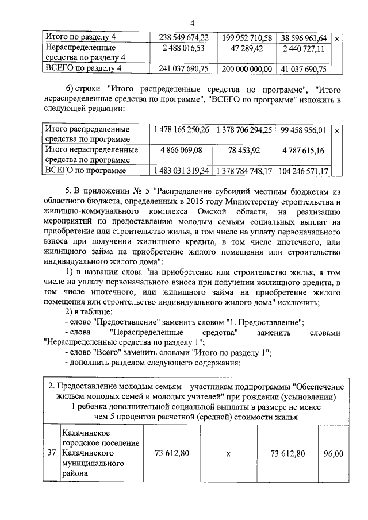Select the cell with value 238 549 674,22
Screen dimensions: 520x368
coord(183,38)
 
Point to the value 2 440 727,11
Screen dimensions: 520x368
coord(304,48)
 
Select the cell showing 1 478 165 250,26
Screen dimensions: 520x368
coord(181,130)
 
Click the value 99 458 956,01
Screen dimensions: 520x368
coord(304,130)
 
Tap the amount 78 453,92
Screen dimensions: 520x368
coord(244,151)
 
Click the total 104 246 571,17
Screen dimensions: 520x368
coord(304,171)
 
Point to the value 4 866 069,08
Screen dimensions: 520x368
coord(181,151)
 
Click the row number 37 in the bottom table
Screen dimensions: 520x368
coord(51,453)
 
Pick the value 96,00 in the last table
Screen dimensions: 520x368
coord(333,453)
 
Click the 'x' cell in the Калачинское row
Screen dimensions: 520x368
coord(228,453)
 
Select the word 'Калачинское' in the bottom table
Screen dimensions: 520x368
coord(87,432)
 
